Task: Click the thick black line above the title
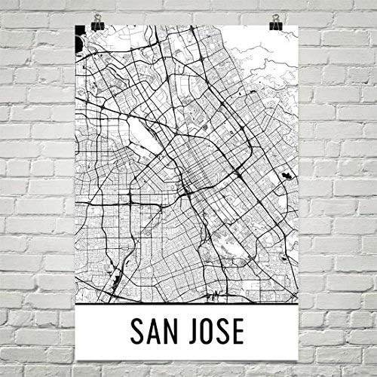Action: [188, 300]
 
